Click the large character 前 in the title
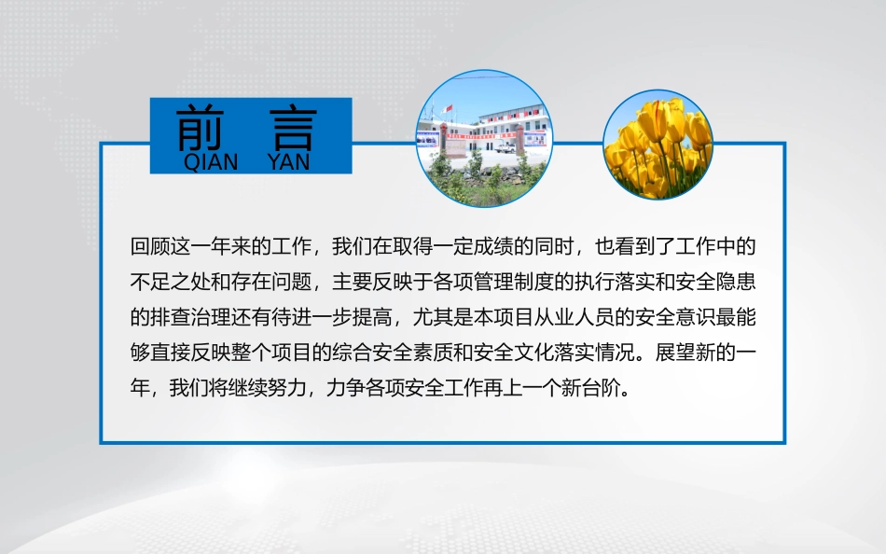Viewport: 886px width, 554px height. pos(200,129)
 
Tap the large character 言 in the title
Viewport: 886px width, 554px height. pos(293,130)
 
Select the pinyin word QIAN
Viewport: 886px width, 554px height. pos(211,162)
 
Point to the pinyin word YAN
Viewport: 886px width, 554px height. pos(289,162)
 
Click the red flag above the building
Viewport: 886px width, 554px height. pos(449,108)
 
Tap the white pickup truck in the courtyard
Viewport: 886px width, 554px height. pos(505,148)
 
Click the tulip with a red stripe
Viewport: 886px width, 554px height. pos(655,120)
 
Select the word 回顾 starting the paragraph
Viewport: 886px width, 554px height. pos(150,246)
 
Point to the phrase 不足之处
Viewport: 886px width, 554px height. pos(170,282)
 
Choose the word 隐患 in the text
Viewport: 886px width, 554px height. pos(736,282)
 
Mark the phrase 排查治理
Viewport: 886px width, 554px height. pos(190,317)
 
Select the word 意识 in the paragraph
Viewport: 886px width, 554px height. pos(696,317)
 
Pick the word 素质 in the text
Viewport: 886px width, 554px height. pos(433,353)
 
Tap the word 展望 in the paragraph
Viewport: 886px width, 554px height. pos(675,353)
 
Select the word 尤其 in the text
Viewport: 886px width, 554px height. pos(433,317)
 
